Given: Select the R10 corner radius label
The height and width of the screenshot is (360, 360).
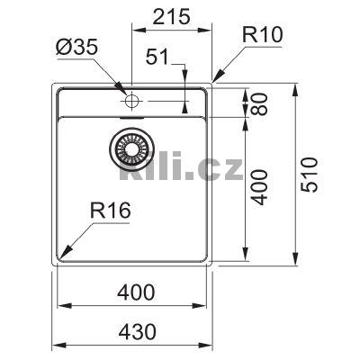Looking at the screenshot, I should (x=263, y=35).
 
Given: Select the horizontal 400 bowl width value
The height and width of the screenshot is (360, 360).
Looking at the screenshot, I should (x=136, y=292).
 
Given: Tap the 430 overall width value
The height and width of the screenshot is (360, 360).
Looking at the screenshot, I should (x=136, y=329).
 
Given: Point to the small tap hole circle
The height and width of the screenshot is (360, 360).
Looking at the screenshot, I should (x=130, y=94).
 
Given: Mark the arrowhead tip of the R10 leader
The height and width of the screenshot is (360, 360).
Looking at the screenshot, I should (x=211, y=85).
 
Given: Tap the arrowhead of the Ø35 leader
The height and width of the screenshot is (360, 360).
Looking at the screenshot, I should (x=125, y=90).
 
